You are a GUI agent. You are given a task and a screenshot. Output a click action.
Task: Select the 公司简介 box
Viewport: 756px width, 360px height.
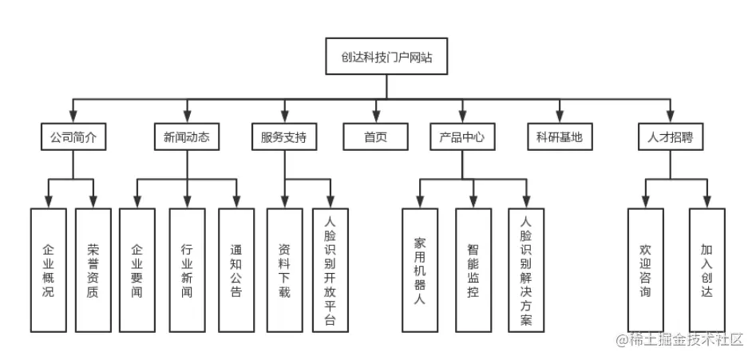pyautogui.click(x=73, y=136)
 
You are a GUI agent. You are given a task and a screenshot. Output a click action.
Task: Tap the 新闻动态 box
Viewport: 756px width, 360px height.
pyautogui.click(x=187, y=136)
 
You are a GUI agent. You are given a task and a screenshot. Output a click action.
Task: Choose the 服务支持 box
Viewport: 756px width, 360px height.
pyautogui.click(x=283, y=136)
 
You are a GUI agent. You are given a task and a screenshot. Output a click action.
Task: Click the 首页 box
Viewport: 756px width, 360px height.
pyautogui.click(x=375, y=136)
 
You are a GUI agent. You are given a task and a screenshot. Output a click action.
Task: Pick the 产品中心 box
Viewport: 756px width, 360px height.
pyautogui.click(x=461, y=136)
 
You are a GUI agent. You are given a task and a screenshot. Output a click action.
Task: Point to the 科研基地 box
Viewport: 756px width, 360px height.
pyautogui.click(x=560, y=136)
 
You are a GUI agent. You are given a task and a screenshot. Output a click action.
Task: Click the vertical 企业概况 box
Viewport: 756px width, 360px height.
pyautogui.click(x=49, y=270)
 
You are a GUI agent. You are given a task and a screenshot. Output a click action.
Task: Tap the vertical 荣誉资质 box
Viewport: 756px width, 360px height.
pyautogui.click(x=94, y=270)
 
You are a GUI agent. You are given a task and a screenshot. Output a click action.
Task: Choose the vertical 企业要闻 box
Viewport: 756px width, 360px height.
pyautogui.click(x=137, y=270)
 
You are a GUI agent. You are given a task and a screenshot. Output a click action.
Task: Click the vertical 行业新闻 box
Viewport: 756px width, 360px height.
pyautogui.click(x=187, y=270)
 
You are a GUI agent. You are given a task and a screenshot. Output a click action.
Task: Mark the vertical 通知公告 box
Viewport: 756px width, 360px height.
pyautogui.click(x=236, y=270)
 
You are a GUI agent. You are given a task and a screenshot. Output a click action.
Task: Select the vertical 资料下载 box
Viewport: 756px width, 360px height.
pyautogui.click(x=284, y=270)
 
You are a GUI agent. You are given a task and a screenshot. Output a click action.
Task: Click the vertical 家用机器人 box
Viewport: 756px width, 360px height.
pyautogui.click(x=421, y=270)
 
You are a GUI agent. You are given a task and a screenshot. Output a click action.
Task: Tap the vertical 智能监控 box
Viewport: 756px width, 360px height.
pyautogui.click(x=473, y=270)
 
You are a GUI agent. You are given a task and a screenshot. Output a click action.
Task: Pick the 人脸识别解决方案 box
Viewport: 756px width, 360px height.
pyautogui.click(x=525, y=270)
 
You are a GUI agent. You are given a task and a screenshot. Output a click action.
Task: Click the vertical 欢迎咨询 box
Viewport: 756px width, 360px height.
pyautogui.click(x=645, y=270)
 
